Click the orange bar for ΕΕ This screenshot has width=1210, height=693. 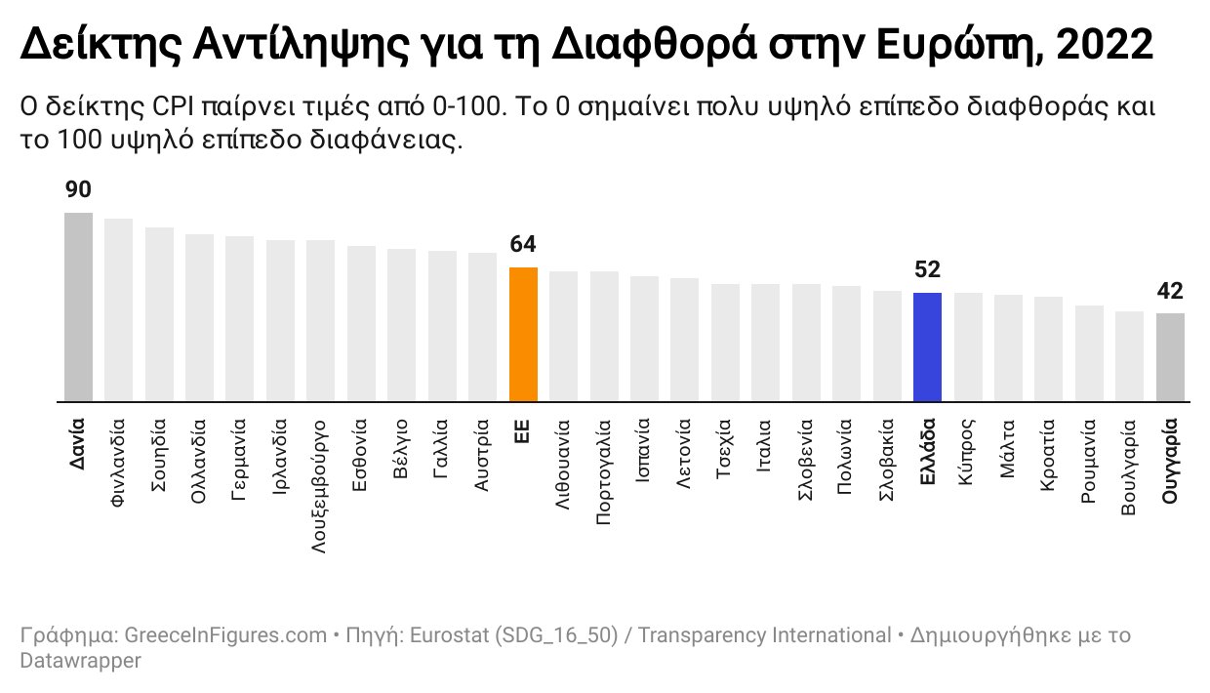(x=523, y=334)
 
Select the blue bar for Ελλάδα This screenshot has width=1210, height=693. (x=927, y=346)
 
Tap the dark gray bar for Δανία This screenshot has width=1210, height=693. (x=78, y=306)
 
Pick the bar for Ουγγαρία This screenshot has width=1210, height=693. (x=1170, y=356)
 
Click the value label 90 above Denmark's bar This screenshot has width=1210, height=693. (x=78, y=190)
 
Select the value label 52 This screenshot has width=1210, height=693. (x=927, y=270)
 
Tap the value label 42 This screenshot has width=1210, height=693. (x=1170, y=291)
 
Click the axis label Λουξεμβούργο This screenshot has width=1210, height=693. (x=321, y=487)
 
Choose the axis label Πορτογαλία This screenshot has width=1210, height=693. (x=604, y=472)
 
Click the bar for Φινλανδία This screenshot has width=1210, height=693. (x=118, y=309)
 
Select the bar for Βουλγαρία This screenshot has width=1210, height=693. (x=1129, y=355)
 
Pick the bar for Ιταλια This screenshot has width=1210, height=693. (x=766, y=342)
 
